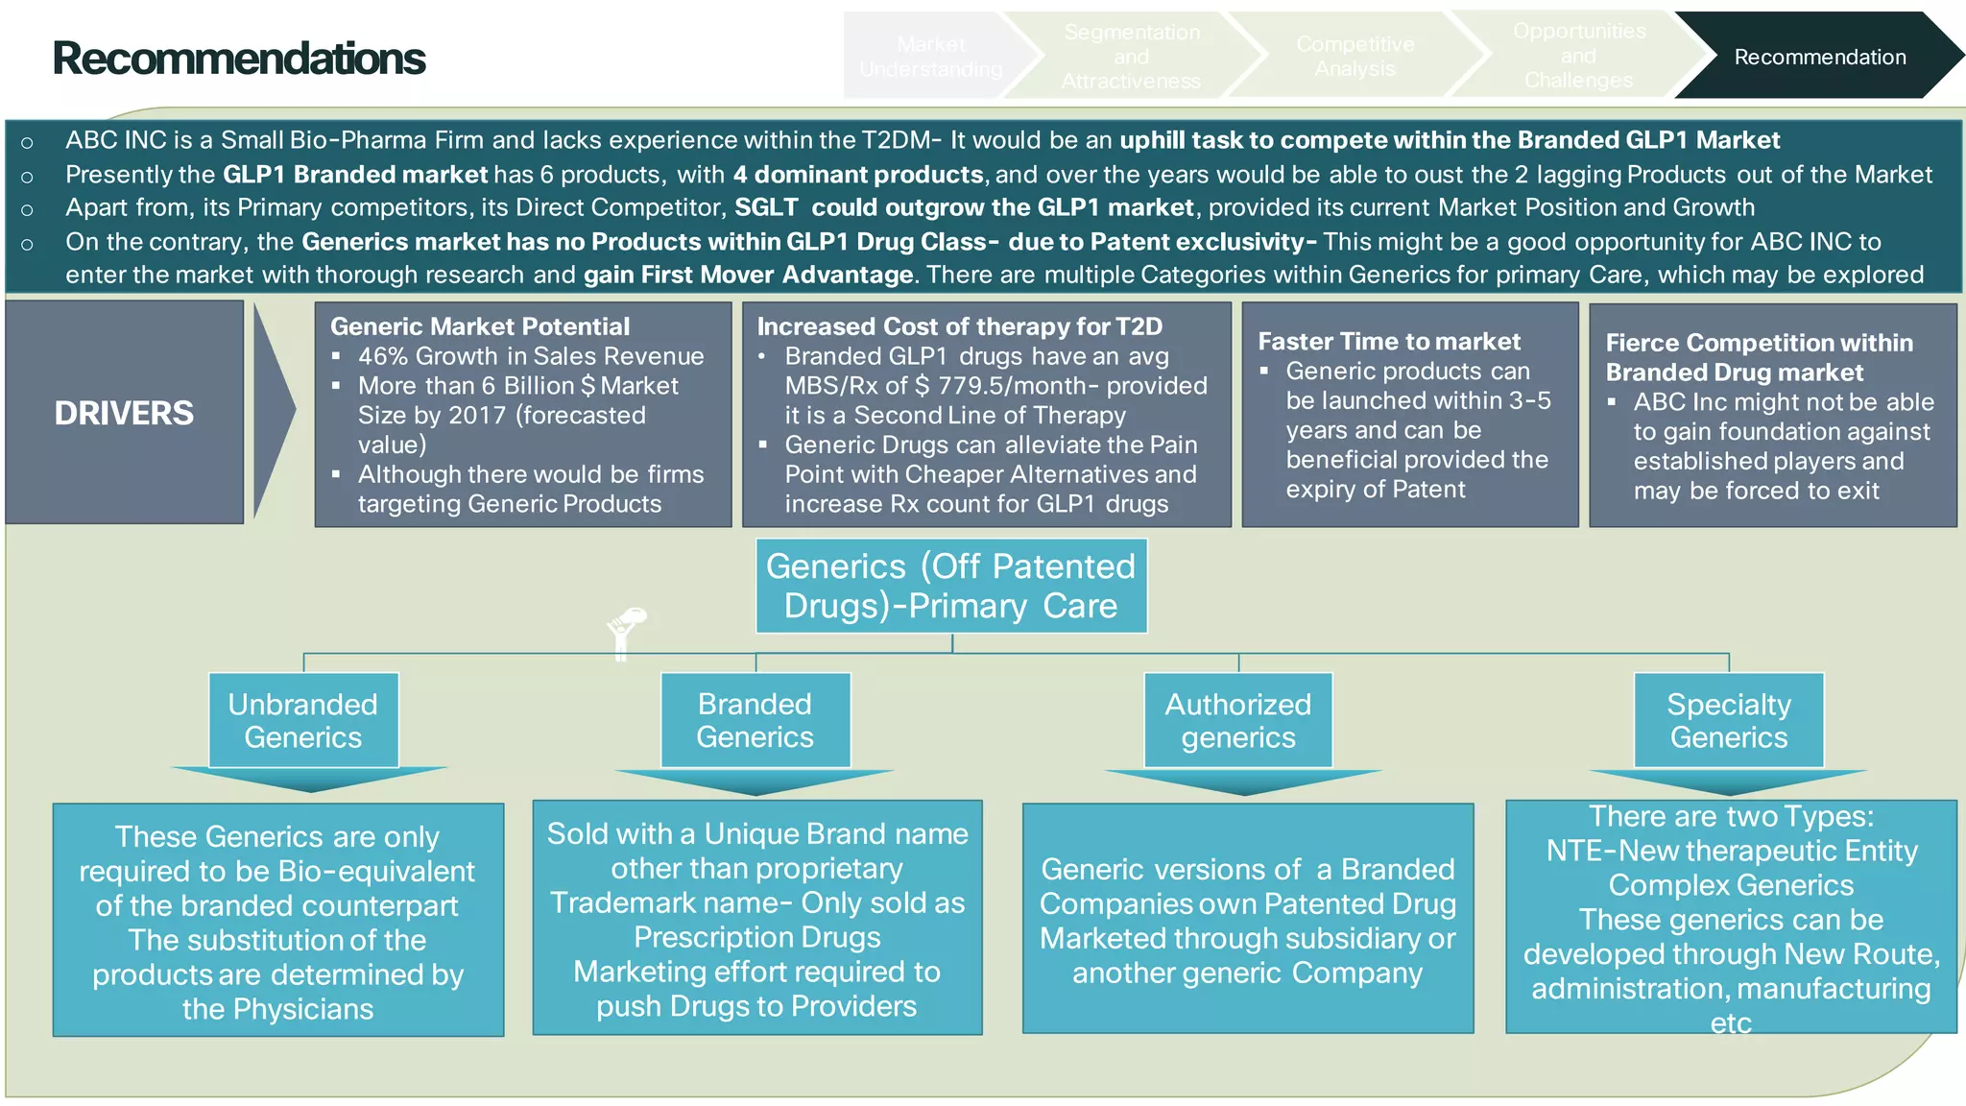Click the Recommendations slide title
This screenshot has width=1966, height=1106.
coord(238,59)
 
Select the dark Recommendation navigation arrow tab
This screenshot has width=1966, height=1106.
coord(1818,57)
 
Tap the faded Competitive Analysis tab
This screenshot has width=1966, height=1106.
coord(1355,57)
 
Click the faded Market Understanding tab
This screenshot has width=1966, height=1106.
coord(929,57)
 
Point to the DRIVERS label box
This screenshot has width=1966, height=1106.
coord(125,413)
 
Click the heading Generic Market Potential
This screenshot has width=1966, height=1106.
coord(480,326)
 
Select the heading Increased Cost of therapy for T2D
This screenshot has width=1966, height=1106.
coord(959,326)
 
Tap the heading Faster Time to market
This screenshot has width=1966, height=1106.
coord(1389,342)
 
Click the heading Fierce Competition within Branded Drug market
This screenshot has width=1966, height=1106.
coord(1759,357)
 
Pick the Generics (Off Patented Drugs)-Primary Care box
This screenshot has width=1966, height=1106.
coord(950,586)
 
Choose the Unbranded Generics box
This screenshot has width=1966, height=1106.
coord(303,720)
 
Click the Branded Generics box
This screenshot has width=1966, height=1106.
coord(755,720)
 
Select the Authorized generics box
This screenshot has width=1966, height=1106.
coord(1238,720)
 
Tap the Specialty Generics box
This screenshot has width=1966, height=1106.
coord(1729,720)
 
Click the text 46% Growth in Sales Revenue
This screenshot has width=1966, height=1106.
coord(531,356)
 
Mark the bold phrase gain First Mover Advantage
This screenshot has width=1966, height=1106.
coord(749,276)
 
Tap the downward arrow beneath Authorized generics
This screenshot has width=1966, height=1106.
coord(1243,781)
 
